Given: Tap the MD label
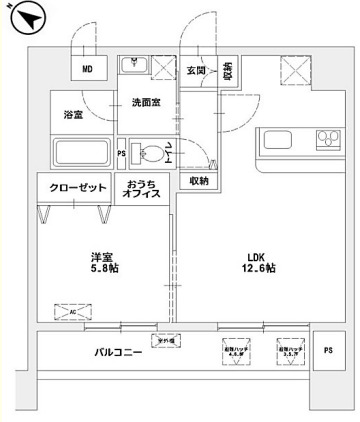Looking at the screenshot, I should (87, 68).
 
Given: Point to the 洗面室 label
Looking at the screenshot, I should (146, 103).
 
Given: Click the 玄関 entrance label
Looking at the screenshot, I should (196, 71).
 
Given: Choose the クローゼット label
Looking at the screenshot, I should (75, 187).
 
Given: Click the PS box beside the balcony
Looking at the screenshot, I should (328, 349).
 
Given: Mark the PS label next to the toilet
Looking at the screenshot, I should (122, 153).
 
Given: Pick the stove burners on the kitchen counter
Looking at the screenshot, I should (327, 139).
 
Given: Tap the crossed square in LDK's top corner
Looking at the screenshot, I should (294, 69).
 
